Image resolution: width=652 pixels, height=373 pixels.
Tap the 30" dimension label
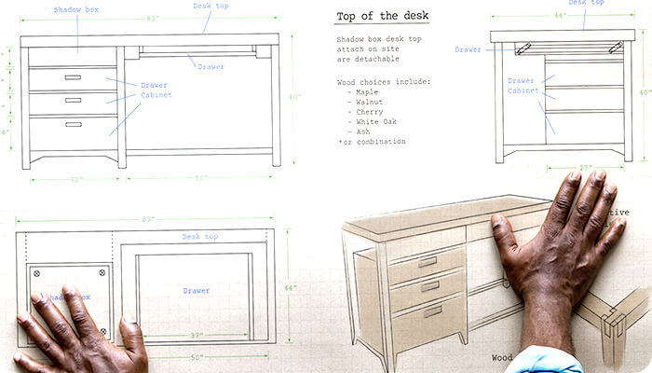(75, 179)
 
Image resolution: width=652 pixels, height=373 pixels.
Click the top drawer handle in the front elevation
(73, 77)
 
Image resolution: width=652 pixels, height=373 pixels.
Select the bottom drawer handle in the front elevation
(73, 124)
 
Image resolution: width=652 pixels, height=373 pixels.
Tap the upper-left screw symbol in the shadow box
(36, 273)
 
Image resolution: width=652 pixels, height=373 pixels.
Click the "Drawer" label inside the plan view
(196, 291)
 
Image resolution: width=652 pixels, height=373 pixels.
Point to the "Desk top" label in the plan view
(200, 237)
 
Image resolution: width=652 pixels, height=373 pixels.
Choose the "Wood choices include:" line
(384, 82)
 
